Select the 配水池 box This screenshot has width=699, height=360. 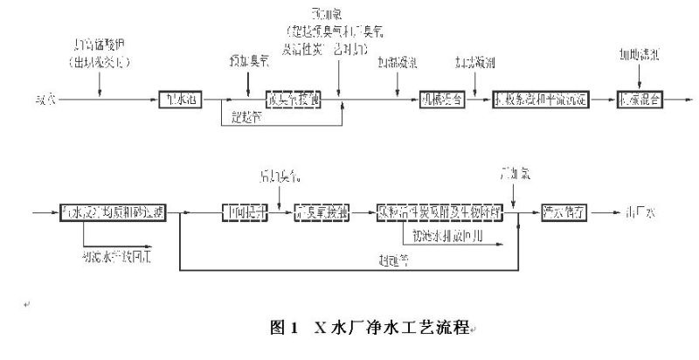coord(181,100)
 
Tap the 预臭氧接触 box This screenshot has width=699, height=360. coord(294,100)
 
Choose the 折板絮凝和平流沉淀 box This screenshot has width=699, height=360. coord(541,100)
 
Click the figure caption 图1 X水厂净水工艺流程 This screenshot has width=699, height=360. coord(372,329)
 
